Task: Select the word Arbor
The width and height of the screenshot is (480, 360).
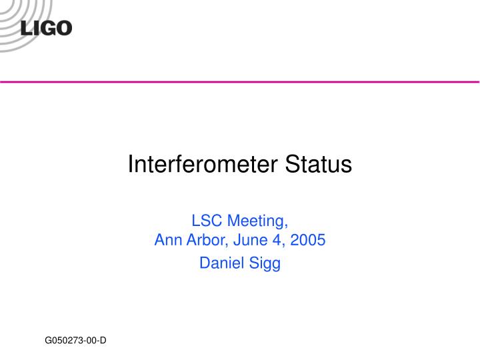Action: (202, 240)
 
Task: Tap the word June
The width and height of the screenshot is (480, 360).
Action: (247, 240)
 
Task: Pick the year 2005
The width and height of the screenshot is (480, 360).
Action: (308, 240)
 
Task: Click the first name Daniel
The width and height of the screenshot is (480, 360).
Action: (221, 263)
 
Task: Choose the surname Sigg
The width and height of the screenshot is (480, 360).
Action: (265, 264)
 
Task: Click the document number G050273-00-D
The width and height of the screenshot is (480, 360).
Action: (76, 341)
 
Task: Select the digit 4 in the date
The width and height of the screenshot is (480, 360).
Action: (279, 240)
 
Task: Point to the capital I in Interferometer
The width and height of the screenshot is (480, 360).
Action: (131, 164)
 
